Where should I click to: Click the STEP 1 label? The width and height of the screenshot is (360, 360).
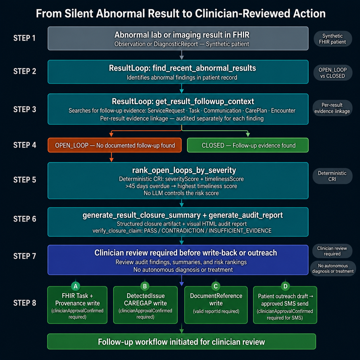pos(24,38)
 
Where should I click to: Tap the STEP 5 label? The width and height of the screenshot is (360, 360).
pos(24,180)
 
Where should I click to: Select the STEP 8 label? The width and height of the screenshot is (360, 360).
pos(24,303)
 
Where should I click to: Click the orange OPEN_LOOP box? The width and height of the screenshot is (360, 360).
pos(115,145)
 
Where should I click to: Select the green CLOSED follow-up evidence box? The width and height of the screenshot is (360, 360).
pos(248,145)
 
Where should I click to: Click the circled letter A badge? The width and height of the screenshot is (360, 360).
pos(76,286)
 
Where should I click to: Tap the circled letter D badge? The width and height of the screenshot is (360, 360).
pos(285,286)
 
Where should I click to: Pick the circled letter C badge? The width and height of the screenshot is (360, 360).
pos(216,286)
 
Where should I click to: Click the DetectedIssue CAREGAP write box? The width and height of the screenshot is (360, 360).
pos(145,305)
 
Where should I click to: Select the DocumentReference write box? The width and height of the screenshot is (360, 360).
pos(216,305)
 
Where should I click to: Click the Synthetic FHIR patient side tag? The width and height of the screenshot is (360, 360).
pos(332,39)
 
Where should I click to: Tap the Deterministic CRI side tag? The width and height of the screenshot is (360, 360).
pos(332,176)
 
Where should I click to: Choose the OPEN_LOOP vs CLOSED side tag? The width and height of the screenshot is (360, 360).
pos(333,73)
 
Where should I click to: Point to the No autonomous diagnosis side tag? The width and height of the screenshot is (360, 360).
pos(333,268)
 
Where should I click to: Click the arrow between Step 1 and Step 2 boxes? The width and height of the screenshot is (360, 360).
pos(182,55)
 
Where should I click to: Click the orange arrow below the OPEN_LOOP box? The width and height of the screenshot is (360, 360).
pos(111,157)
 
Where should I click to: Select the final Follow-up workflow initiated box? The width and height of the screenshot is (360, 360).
pos(182,342)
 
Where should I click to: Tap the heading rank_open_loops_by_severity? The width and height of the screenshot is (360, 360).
pos(184,170)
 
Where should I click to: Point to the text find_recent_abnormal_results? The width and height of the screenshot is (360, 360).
pos(204,68)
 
